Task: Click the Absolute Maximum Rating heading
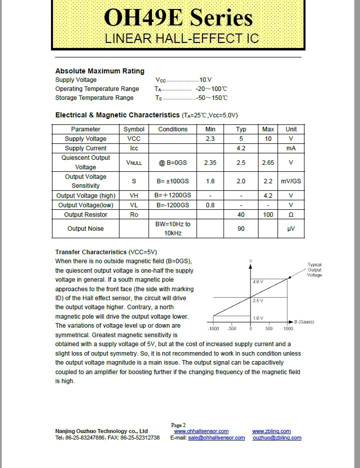(x=99, y=71)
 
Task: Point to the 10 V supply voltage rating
(x=205, y=80)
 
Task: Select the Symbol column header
(x=134, y=129)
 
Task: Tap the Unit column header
(x=291, y=129)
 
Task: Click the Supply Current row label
(x=85, y=148)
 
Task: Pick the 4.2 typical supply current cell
(x=241, y=148)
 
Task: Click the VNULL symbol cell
(x=134, y=163)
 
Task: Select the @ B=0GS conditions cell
(x=172, y=163)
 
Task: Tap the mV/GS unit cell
(x=291, y=181)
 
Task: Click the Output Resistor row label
(x=85, y=215)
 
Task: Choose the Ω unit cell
(x=291, y=215)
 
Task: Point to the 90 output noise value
(x=241, y=229)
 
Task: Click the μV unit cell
(x=291, y=229)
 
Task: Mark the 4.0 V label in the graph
(x=257, y=282)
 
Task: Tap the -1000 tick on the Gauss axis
(x=213, y=329)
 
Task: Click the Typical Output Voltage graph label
(x=314, y=270)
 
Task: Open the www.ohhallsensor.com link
(x=201, y=431)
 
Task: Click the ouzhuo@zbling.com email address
(x=277, y=438)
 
